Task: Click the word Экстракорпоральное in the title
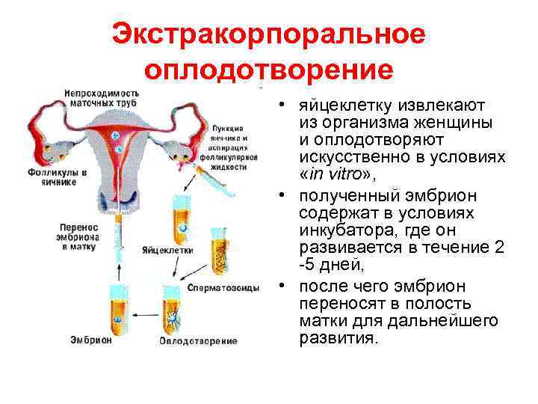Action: pos(268,35)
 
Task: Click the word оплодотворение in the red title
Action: pos(268,70)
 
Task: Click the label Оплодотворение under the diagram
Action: pos(198,341)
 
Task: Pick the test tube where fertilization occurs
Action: pos(173,306)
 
